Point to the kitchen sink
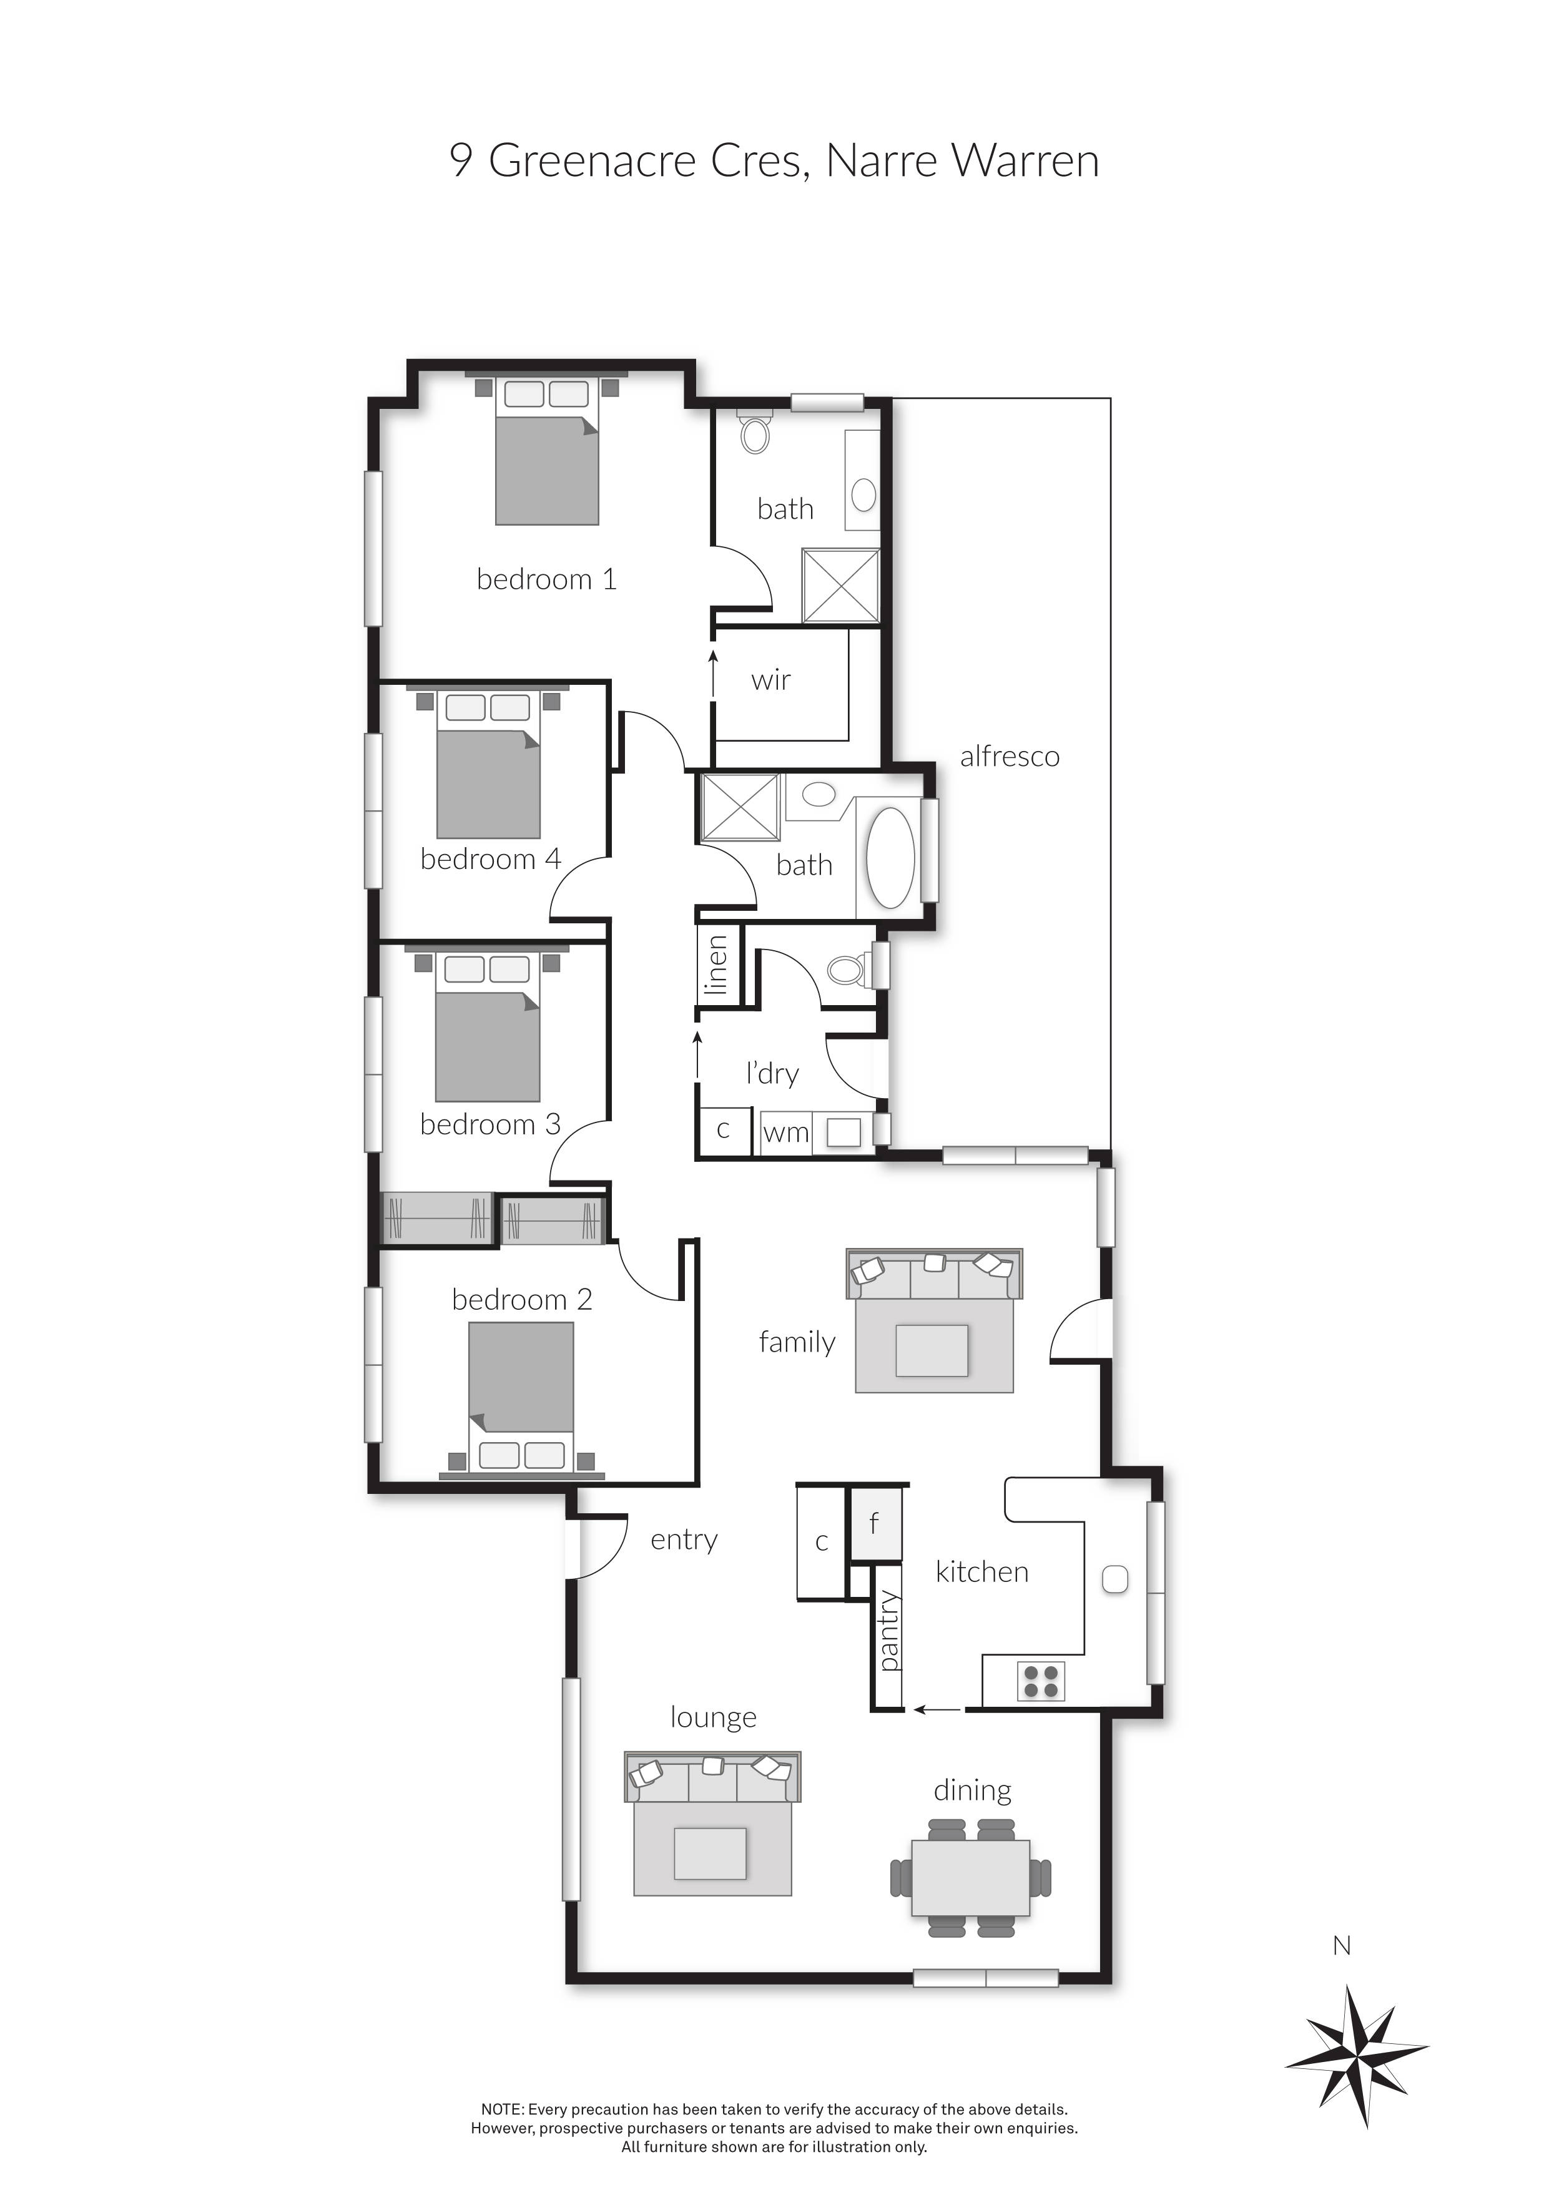pyautogui.click(x=1114, y=1579)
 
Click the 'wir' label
pyautogui.click(x=770, y=681)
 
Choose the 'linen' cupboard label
pyautogui.click(x=716, y=965)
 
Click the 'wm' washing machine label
pyautogui.click(x=786, y=1133)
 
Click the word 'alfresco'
pyautogui.click(x=1009, y=757)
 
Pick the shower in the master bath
pyautogui.click(x=840, y=586)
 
